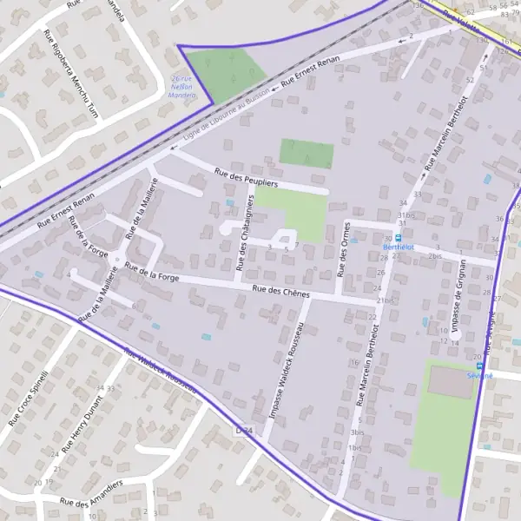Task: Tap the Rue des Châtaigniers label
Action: click(245, 231)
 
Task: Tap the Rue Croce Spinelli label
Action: click(29, 396)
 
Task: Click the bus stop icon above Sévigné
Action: click(479, 366)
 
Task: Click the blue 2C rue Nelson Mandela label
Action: click(180, 86)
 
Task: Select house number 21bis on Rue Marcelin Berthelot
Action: click(385, 300)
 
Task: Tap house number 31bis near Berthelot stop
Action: click(406, 215)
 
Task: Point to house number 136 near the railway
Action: click(418, 6)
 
